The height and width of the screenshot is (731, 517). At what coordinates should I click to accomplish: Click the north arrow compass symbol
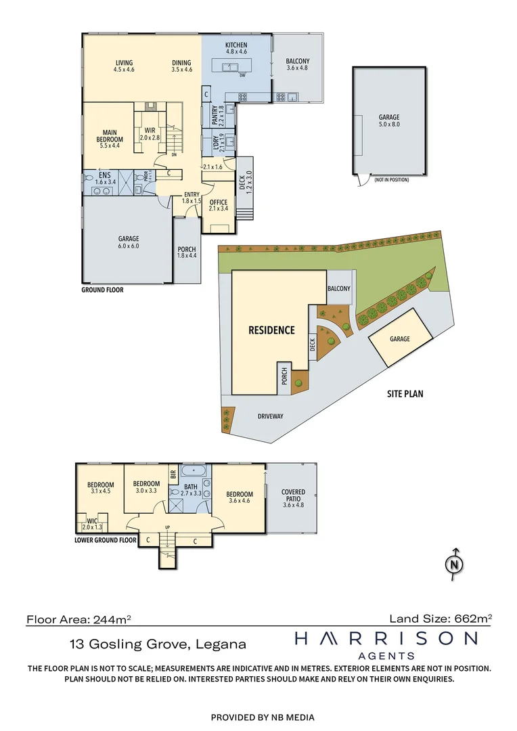pos(454,563)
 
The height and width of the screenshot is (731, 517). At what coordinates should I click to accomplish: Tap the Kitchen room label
pos(235,45)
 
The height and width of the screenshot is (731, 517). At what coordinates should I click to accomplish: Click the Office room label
pos(219,202)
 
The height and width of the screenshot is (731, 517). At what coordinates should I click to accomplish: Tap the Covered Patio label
pos(293,493)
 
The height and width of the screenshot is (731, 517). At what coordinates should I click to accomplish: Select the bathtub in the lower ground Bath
pos(193,469)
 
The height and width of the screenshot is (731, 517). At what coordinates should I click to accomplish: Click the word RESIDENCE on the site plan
pos(271,330)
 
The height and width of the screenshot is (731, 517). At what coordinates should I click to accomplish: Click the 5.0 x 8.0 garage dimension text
pos(388,125)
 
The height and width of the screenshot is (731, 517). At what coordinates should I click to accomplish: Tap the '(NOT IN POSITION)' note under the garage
pos(392,179)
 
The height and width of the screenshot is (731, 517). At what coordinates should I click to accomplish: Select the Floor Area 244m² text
pos(78,619)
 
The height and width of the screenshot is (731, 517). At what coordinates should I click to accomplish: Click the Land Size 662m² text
pos(440,618)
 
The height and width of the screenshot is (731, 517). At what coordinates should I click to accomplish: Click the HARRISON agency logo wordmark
pos(386,638)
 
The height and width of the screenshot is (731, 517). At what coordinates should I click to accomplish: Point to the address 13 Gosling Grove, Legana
pos(158,644)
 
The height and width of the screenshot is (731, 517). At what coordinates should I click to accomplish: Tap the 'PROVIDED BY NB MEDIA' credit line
pos(263,717)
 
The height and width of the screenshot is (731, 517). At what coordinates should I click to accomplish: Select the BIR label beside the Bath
pos(173,474)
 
